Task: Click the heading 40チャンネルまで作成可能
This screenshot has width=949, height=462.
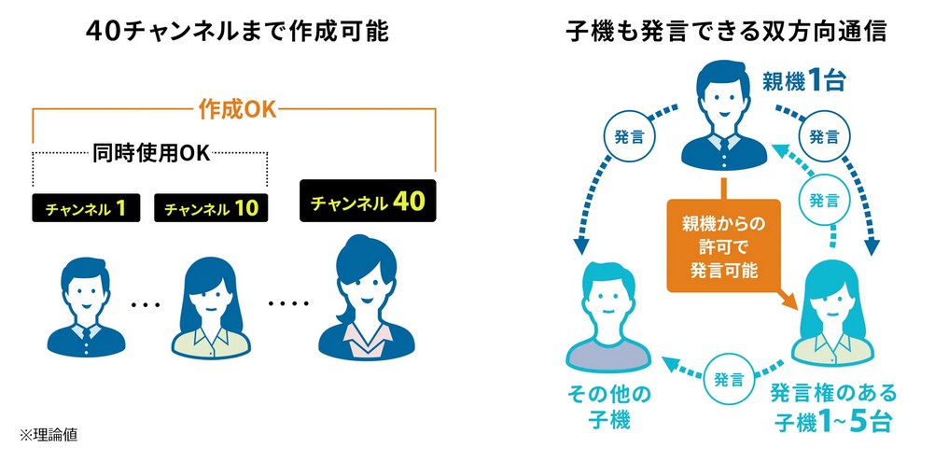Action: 236,32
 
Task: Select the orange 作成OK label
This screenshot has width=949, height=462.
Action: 237,109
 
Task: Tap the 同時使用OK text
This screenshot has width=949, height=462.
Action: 150,152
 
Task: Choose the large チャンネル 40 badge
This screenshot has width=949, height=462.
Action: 368,201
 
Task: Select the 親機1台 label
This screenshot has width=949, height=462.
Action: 803,80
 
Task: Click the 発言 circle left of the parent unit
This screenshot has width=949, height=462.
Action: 622,135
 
